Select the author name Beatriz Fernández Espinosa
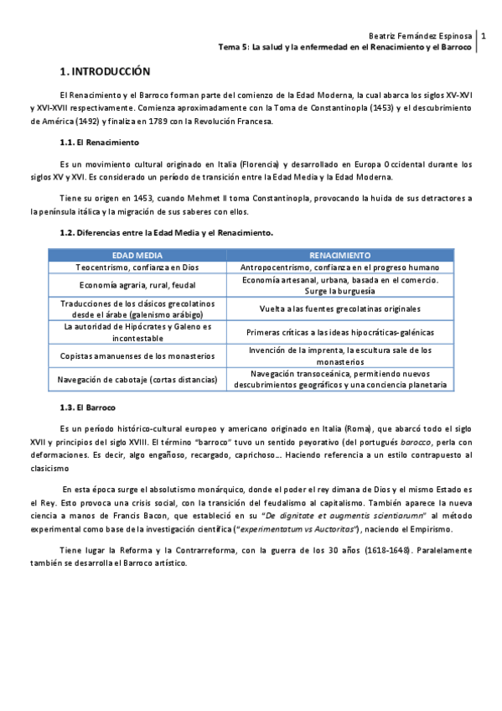pyautogui.click(x=420, y=36)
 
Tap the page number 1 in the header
pyautogui.click(x=483, y=36)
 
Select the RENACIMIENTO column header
pyautogui.click(x=339, y=254)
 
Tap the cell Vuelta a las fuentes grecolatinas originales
pyautogui.click(x=339, y=309)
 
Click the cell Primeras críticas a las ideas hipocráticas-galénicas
pyautogui.click(x=339, y=332)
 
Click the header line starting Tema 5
pyautogui.click(x=344, y=48)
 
